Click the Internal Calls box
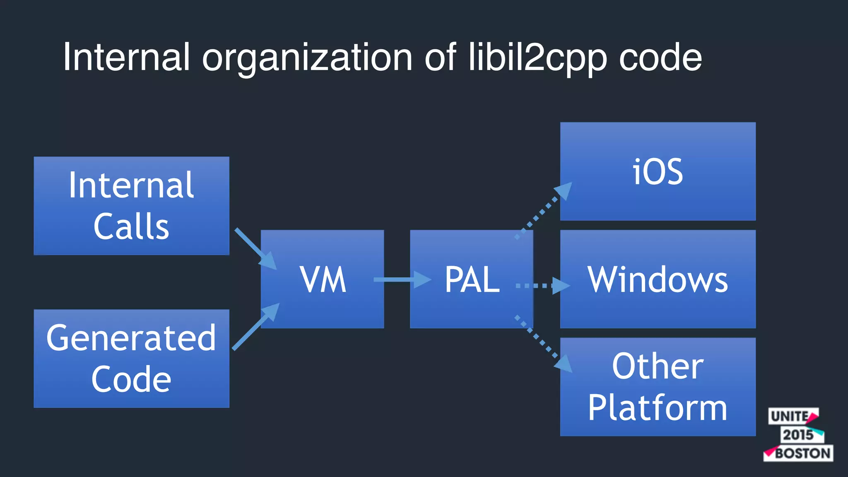[131, 205]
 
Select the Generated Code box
[131, 358]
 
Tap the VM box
[322, 279]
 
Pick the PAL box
[471, 279]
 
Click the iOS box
[658, 171]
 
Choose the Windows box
[658, 279]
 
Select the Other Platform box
[658, 387]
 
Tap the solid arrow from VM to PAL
[402, 279]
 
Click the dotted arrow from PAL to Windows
[542, 286]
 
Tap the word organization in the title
[307, 58]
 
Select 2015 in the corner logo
[798, 435]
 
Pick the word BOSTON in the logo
[802, 453]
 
